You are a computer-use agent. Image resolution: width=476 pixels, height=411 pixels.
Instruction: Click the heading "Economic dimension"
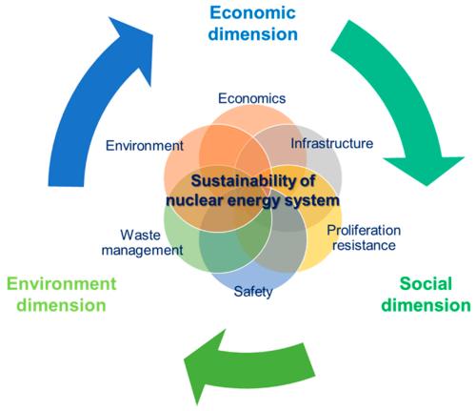[253, 24]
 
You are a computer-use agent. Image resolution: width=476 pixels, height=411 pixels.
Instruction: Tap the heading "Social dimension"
[426, 295]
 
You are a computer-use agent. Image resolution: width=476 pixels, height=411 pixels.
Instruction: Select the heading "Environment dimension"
[62, 295]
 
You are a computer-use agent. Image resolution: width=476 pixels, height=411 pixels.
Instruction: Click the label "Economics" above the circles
[252, 98]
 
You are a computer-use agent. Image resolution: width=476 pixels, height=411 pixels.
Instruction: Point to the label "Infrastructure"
[332, 144]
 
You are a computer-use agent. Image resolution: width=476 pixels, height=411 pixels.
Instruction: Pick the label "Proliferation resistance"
[364, 237]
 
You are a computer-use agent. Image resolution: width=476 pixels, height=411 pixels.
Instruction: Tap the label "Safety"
[253, 292]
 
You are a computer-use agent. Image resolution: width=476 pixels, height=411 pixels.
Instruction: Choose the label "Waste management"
[142, 243]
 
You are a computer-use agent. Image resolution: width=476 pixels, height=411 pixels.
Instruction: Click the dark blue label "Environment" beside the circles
[145, 146]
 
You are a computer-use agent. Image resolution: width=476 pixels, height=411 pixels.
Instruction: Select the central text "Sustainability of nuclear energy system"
[253, 191]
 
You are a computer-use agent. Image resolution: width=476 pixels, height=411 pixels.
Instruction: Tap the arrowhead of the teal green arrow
[425, 170]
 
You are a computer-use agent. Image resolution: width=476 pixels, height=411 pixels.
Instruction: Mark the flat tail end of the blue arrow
[66, 185]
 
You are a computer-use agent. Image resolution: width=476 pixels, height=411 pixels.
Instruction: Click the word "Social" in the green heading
[426, 283]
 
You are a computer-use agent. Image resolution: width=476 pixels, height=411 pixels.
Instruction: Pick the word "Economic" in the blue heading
[253, 12]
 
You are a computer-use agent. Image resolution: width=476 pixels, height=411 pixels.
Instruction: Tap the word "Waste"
[141, 236]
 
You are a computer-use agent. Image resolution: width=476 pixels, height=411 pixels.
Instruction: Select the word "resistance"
[364, 245]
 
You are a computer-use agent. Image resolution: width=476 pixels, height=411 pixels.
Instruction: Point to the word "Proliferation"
[364, 231]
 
